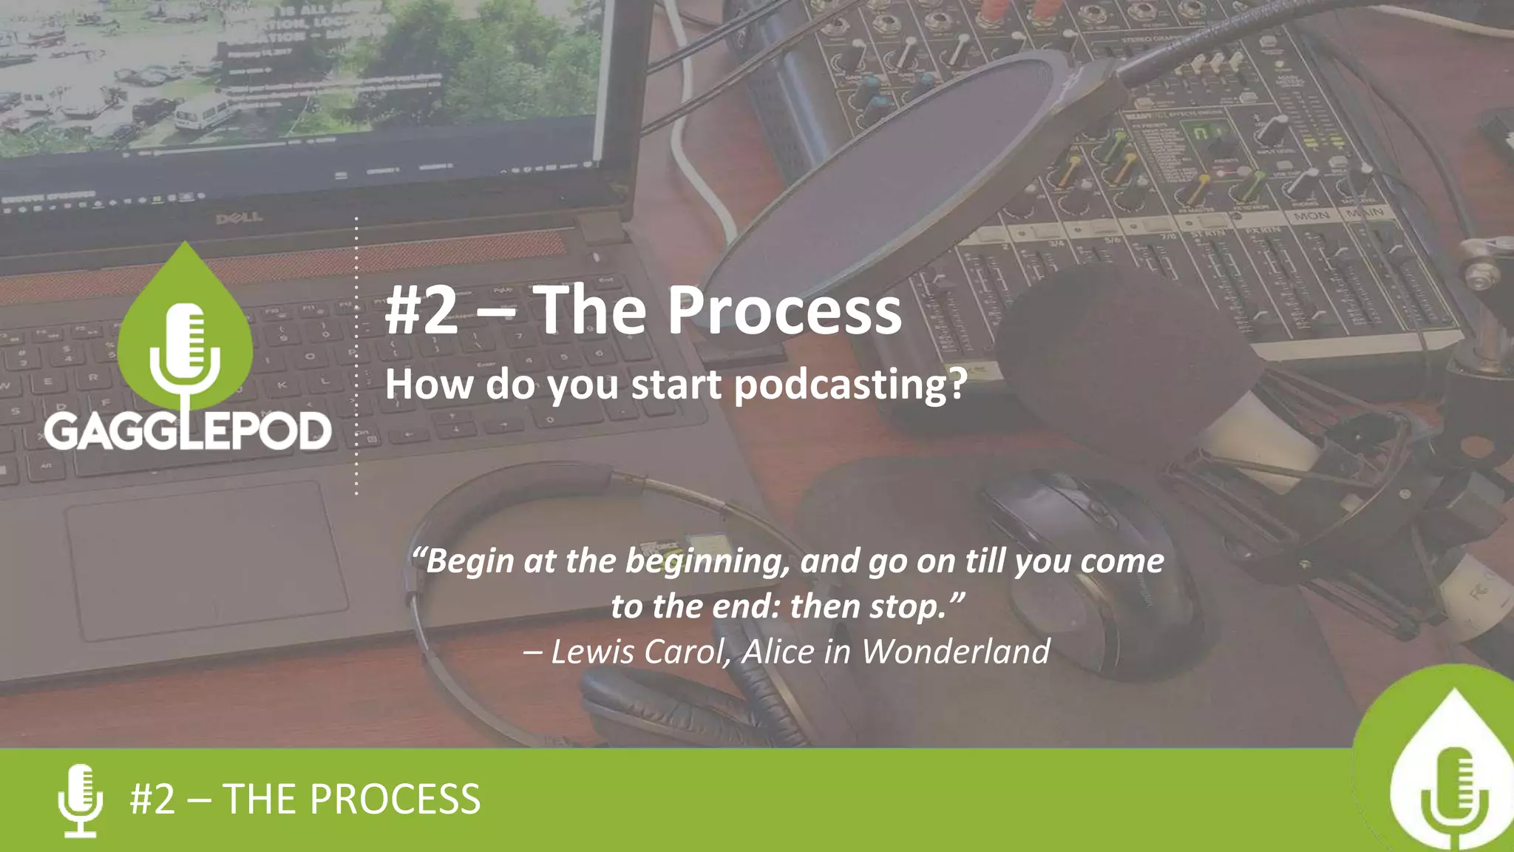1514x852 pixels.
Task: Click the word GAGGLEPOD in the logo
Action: [x=188, y=431]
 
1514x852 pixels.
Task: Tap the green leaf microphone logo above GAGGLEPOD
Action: [x=185, y=333]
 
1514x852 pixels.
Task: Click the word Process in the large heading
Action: [x=784, y=311]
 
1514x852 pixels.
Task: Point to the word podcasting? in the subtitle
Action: [x=850, y=385]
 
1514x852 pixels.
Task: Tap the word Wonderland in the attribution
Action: [x=955, y=652]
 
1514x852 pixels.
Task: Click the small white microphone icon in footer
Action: [x=80, y=800]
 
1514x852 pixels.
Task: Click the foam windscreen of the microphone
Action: [x=1131, y=355]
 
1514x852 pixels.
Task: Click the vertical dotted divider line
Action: [x=356, y=355]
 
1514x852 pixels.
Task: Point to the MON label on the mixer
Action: [x=1311, y=216]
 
